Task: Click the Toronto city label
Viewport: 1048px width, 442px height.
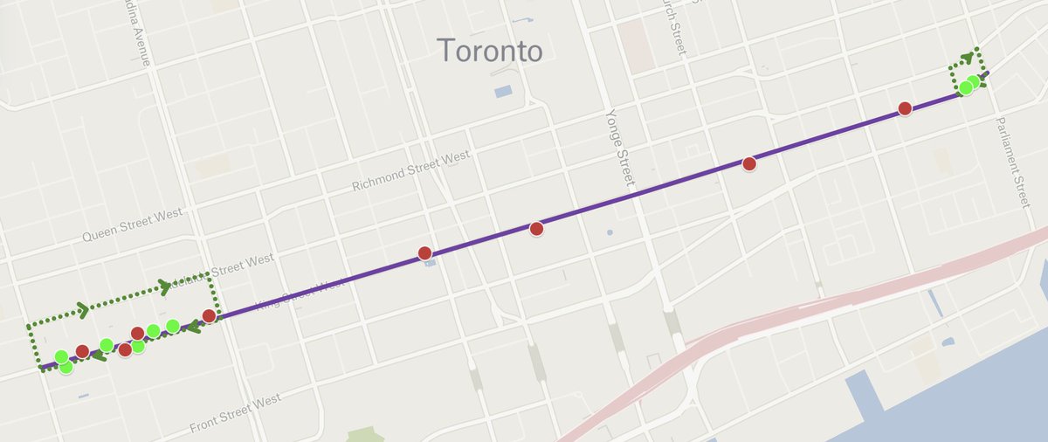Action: [489, 50]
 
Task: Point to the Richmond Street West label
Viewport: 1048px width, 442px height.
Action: [410, 172]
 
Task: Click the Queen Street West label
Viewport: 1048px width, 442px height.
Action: [132, 224]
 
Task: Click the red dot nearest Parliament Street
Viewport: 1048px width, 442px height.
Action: [905, 108]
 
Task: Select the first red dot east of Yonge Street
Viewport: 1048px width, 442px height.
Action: [748, 163]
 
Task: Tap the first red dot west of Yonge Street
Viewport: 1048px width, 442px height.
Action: [536, 229]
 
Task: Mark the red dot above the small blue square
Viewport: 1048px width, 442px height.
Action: [424, 253]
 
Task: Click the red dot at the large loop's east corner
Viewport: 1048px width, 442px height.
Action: [209, 315]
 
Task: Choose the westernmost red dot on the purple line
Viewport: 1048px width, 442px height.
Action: [82, 351]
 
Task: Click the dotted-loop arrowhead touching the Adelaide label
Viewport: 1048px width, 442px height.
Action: [164, 286]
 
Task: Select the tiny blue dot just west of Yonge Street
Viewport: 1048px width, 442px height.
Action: [609, 232]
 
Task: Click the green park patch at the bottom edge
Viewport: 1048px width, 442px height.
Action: [365, 434]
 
